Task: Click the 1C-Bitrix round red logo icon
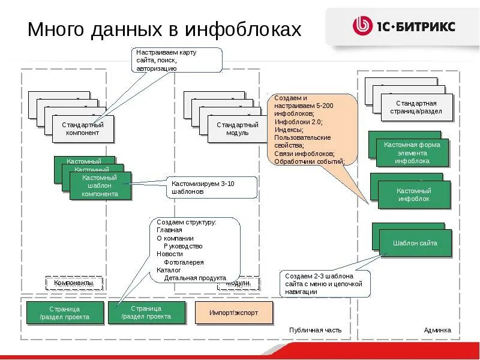362,26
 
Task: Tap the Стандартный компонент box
83,129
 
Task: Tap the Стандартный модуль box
237,129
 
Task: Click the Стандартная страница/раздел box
413,107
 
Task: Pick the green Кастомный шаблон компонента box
100,186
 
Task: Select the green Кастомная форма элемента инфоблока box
412,153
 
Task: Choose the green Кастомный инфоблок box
413,195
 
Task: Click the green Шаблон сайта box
415,243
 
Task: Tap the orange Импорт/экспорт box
233,313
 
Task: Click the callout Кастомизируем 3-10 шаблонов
211,187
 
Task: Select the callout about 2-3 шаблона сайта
325,283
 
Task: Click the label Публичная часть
315,330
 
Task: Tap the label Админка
437,330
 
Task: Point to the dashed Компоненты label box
74,283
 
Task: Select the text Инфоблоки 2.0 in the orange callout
298,122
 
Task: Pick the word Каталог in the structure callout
169,270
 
